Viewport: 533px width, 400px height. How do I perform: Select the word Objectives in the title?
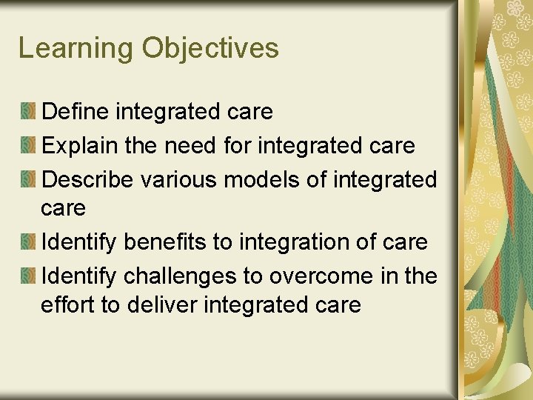[x=210, y=49]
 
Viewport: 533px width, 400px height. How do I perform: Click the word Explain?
[x=80, y=145]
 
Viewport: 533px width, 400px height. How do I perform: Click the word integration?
[x=286, y=242]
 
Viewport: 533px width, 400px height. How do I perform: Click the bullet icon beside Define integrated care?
[x=28, y=112]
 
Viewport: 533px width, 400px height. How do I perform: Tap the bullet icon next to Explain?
[x=28, y=145]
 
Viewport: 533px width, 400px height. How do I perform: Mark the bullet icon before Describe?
[x=28, y=179]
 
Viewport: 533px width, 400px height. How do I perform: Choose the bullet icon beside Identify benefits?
[x=28, y=242]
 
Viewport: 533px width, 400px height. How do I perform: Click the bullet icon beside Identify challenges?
[x=28, y=276]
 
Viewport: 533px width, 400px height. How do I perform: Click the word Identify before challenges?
[x=79, y=276]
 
